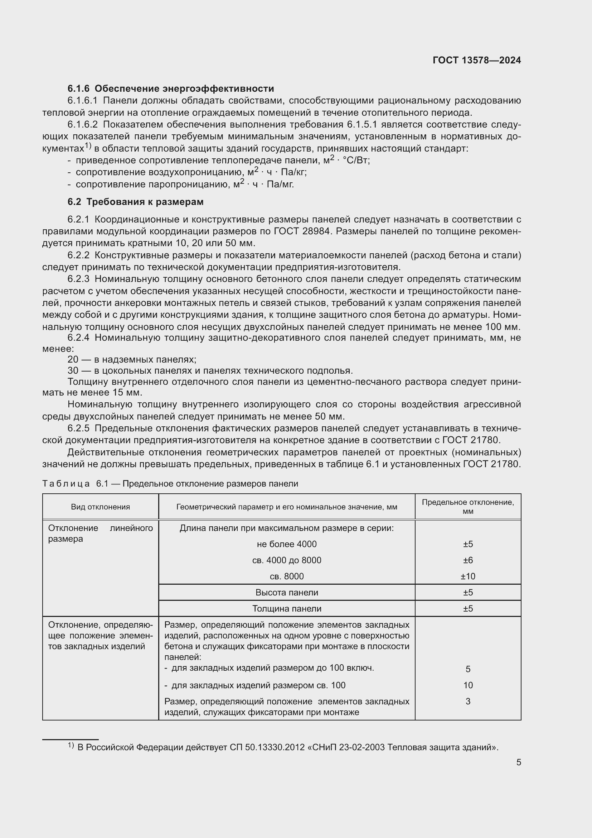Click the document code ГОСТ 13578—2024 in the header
pyautogui.click(x=476, y=60)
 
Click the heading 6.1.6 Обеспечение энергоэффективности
pyautogui.click(x=171, y=88)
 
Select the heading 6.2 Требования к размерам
pyautogui.click(x=136, y=202)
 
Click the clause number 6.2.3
pyautogui.click(x=78, y=279)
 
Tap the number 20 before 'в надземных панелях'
pyautogui.click(x=73, y=359)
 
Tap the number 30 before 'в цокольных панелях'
pyautogui.click(x=73, y=370)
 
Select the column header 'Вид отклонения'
pyautogui.click(x=101, y=507)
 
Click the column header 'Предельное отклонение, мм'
pyautogui.click(x=468, y=507)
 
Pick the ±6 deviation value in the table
pyautogui.click(x=468, y=560)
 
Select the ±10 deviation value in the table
pyautogui.click(x=468, y=576)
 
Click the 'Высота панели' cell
pyautogui.click(x=287, y=592)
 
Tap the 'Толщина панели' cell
pyautogui.click(x=287, y=608)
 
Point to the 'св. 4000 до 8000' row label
pyautogui.click(x=287, y=560)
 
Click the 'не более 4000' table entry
pyautogui.click(x=287, y=544)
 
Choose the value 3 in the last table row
pyautogui.click(x=468, y=701)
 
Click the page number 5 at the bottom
pyautogui.click(x=518, y=762)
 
